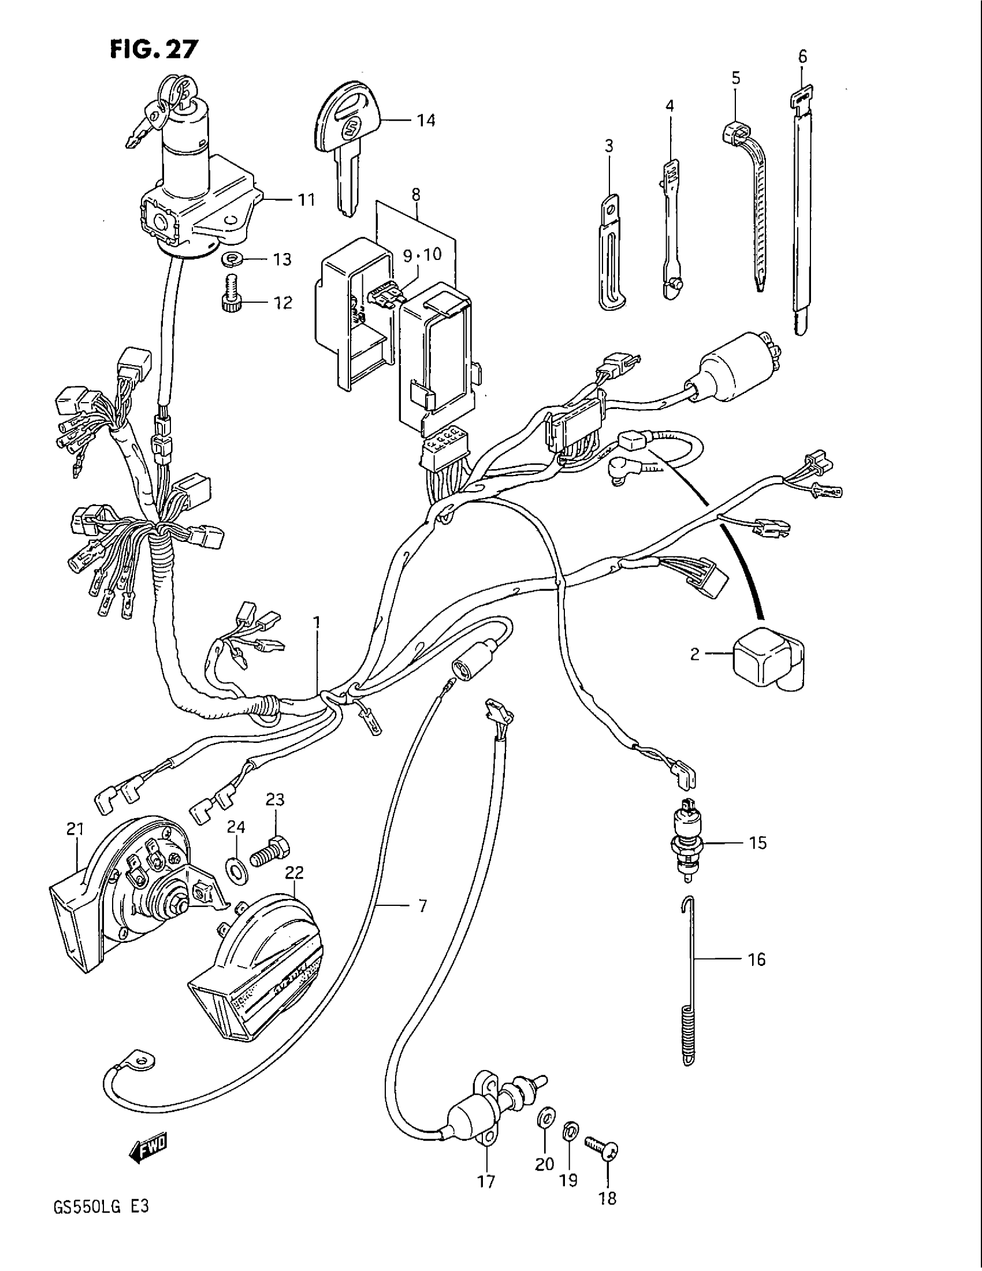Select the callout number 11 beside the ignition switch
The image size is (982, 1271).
click(306, 200)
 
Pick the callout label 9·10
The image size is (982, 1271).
click(423, 254)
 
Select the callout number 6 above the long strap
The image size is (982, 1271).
click(803, 57)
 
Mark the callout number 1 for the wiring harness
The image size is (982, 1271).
click(317, 623)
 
